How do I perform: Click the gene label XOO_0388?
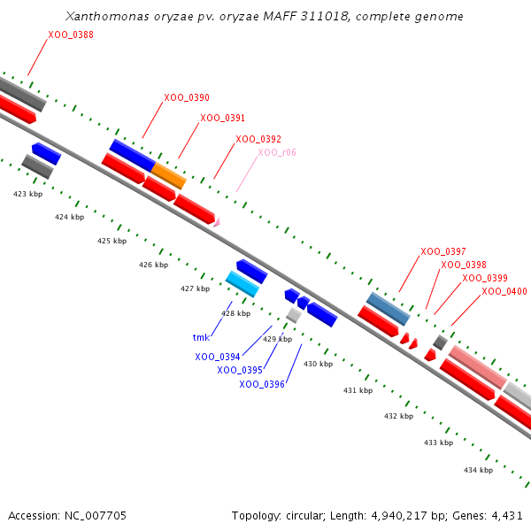[71, 35]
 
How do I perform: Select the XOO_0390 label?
[187, 97]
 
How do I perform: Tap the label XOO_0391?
[223, 118]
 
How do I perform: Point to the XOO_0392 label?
[258, 139]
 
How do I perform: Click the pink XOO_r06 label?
[277, 152]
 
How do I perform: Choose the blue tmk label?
[201, 337]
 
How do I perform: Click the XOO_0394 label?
[218, 357]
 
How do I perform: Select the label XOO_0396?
[262, 384]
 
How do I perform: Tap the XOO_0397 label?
[443, 251]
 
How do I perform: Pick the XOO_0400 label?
[504, 291]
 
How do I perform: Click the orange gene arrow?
[169, 175]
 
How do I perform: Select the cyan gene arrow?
[242, 284]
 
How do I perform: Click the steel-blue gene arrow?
[389, 308]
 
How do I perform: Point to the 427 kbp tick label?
[195, 289]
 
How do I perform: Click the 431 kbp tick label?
[358, 390]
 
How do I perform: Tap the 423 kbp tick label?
[27, 193]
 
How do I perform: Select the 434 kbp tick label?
[478, 470]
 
